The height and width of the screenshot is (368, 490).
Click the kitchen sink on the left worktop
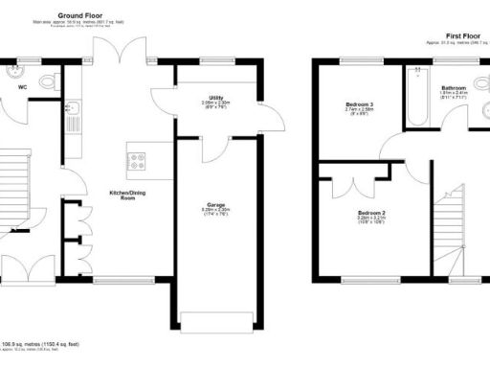pos(73,119)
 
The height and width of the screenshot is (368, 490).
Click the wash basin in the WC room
pos(16,69)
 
